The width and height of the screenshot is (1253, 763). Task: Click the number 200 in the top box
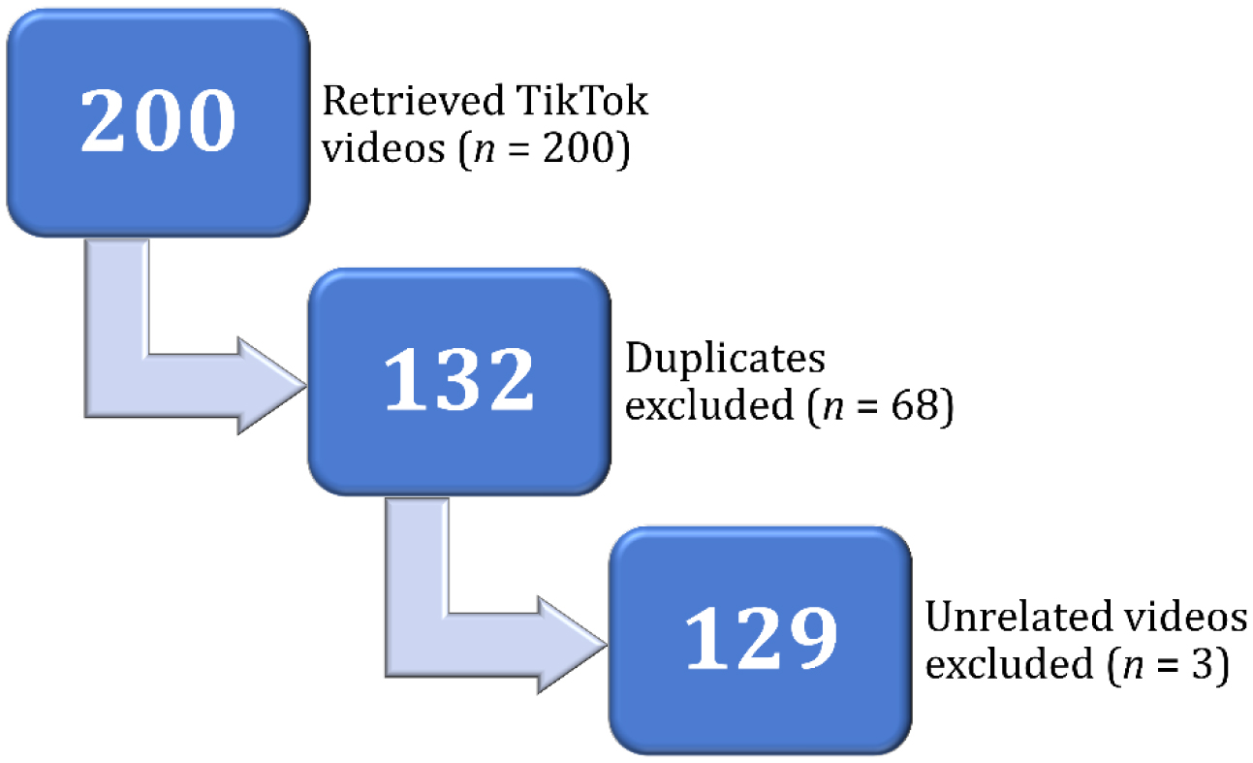pos(158,122)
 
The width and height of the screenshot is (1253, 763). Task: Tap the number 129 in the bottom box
pos(760,638)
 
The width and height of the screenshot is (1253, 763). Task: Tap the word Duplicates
pos(725,360)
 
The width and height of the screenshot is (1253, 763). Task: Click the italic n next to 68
pos(831,410)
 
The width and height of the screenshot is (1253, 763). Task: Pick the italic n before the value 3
pos(1133,668)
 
